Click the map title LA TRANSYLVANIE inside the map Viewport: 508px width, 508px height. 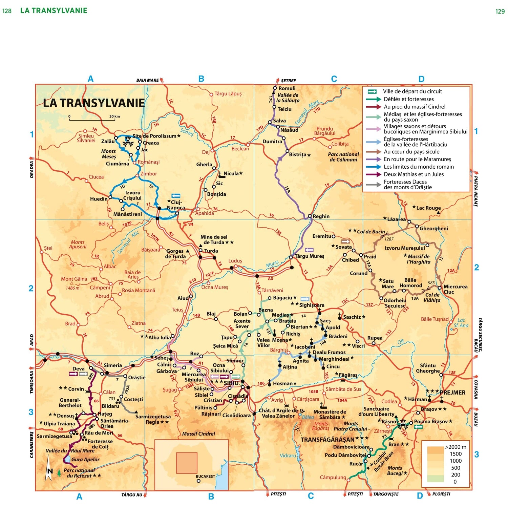tap(94, 103)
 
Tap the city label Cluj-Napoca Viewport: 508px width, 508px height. tap(176, 205)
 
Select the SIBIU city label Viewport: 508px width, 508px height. tap(231, 383)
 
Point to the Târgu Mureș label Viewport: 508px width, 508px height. tap(309, 256)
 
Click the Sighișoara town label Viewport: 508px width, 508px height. tap(312, 305)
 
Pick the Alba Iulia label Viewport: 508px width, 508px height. tap(160, 337)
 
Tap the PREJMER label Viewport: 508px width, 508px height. tap(452, 393)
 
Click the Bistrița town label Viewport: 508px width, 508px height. tap(297, 154)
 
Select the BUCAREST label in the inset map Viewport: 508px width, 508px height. tap(205, 476)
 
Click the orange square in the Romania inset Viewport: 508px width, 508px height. tap(187, 463)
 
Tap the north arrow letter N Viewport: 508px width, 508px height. tap(50, 471)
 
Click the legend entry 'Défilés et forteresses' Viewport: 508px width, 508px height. tap(408, 99)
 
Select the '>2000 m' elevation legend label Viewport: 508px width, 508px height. tap(456, 447)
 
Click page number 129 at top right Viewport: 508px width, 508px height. tap(500, 11)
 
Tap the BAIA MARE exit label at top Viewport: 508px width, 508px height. tap(147, 80)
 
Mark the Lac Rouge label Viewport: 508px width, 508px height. tap(428, 208)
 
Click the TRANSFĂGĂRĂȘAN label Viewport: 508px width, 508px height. tap(327, 440)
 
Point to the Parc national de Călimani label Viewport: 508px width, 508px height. tap(343, 157)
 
